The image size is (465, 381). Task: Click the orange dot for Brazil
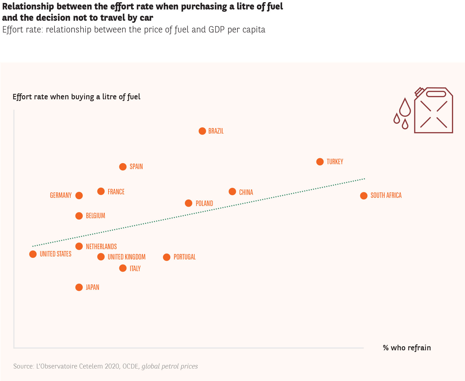202,131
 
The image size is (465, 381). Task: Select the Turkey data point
320,162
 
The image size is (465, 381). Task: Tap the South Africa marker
364,196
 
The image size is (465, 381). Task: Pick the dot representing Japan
79,287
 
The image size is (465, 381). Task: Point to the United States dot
33,254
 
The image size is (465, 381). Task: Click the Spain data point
123,167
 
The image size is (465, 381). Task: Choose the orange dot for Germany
79,196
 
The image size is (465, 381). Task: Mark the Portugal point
167,257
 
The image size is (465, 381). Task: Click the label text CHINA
246,192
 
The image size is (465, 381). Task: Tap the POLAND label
204,204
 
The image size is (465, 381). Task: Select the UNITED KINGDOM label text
126,257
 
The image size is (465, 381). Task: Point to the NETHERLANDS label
101,247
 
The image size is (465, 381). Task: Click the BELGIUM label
95,216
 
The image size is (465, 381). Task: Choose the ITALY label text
135,269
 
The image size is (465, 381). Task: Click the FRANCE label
116,192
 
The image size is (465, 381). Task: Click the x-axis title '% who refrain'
407,348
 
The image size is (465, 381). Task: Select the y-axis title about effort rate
76,97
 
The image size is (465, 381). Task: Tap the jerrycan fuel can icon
433,111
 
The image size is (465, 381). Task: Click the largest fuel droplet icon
405,107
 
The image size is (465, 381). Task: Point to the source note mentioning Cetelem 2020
105,366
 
